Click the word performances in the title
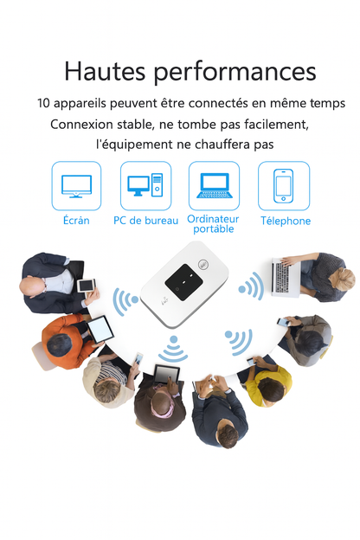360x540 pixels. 230,72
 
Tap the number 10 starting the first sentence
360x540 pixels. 44,103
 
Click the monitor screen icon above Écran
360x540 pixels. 76,185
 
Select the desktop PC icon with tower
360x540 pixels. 145,185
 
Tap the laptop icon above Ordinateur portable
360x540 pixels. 214,185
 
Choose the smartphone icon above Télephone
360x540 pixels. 283,185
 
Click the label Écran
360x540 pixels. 76,221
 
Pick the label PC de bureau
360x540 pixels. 145,221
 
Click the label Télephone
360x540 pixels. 286,221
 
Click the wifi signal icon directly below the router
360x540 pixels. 173,350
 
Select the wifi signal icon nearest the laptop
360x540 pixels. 251,286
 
